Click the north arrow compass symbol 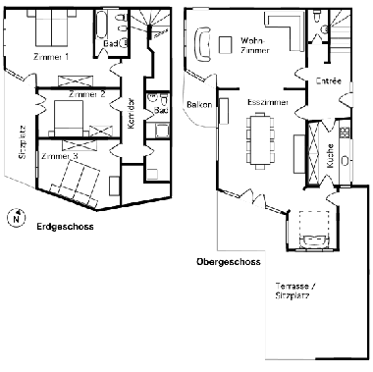(14, 219)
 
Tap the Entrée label (327, 81)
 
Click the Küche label (331, 155)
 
